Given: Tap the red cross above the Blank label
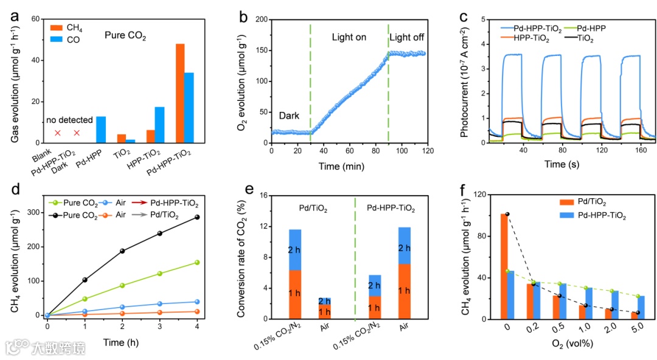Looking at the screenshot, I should click(x=58, y=133).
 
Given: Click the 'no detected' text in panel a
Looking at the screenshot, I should click(x=69, y=120).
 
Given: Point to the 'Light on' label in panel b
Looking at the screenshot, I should click(x=349, y=38).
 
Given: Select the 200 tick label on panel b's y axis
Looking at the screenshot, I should click(x=260, y=19).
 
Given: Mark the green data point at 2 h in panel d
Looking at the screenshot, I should click(x=122, y=285).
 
